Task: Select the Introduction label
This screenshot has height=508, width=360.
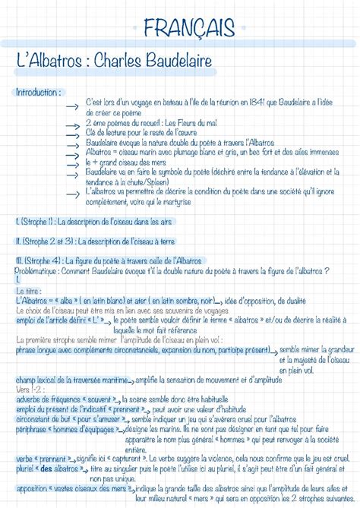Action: point(37,92)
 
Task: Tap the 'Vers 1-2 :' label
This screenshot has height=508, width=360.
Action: point(30,389)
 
